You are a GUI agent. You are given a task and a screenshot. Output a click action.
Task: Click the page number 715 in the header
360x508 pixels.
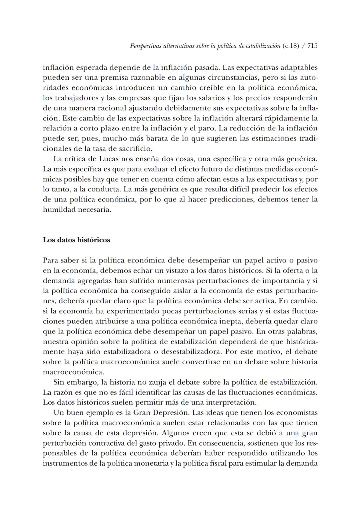click(x=312, y=46)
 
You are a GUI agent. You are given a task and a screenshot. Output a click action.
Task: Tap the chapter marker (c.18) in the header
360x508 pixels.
click(x=290, y=46)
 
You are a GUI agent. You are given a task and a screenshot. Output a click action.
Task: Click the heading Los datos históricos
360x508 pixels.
click(x=76, y=240)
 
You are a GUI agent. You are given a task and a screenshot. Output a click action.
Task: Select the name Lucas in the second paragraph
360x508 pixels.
click(x=102, y=159)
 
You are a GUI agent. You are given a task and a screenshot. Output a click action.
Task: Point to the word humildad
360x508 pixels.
click(x=59, y=210)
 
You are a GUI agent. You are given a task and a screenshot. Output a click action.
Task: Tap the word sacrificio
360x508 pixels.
click(x=135, y=149)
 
